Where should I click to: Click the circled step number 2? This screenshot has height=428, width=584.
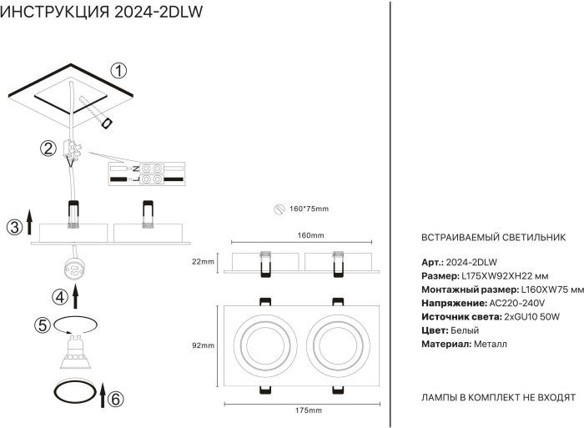[48, 149]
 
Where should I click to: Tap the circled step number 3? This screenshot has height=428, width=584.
[13, 227]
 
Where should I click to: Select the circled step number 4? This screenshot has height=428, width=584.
[58, 296]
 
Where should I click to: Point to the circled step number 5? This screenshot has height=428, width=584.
[42, 325]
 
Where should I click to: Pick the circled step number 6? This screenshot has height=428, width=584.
[116, 399]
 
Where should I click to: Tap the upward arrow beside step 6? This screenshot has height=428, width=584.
[102, 395]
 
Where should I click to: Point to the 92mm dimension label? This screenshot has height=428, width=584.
[204, 345]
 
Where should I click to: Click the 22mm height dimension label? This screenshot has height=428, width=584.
[203, 262]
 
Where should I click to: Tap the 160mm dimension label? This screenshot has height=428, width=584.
[310, 236]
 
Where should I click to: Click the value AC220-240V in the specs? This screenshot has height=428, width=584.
[516, 302]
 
